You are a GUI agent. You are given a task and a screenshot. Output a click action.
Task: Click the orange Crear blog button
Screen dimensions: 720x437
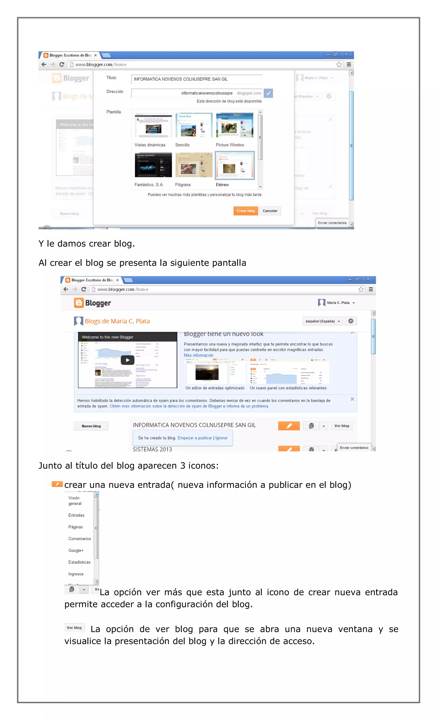coord(245,211)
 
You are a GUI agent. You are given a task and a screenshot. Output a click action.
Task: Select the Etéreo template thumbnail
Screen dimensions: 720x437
coord(235,165)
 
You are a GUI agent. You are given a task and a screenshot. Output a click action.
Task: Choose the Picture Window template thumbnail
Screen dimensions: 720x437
coord(235,125)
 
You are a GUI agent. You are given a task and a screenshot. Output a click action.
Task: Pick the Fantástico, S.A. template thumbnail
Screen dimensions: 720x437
coord(153,165)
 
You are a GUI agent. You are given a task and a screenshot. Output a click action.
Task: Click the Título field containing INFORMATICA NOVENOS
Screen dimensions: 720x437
coord(196,79)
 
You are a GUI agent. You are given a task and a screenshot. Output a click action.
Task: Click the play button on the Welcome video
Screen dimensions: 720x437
coord(127,360)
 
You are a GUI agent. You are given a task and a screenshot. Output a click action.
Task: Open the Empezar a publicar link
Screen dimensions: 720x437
coord(195,438)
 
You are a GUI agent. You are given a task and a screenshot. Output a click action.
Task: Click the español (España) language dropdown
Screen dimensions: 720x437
coord(322,321)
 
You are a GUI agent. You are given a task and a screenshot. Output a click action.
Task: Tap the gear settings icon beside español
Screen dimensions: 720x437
coord(351,321)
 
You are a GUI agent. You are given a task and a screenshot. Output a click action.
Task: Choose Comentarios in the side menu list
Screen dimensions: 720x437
coord(79,539)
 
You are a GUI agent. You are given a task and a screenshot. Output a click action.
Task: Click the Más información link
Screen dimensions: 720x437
coord(198,355)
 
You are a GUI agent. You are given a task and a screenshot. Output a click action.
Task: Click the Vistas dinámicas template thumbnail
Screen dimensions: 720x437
coord(153,125)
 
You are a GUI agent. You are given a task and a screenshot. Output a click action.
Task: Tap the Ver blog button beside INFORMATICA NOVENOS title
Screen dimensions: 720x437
coord(341,426)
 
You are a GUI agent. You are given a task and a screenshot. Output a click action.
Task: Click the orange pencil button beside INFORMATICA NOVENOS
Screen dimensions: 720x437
coord(289,426)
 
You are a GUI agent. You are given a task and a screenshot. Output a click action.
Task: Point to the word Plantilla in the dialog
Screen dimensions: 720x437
coord(113,112)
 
